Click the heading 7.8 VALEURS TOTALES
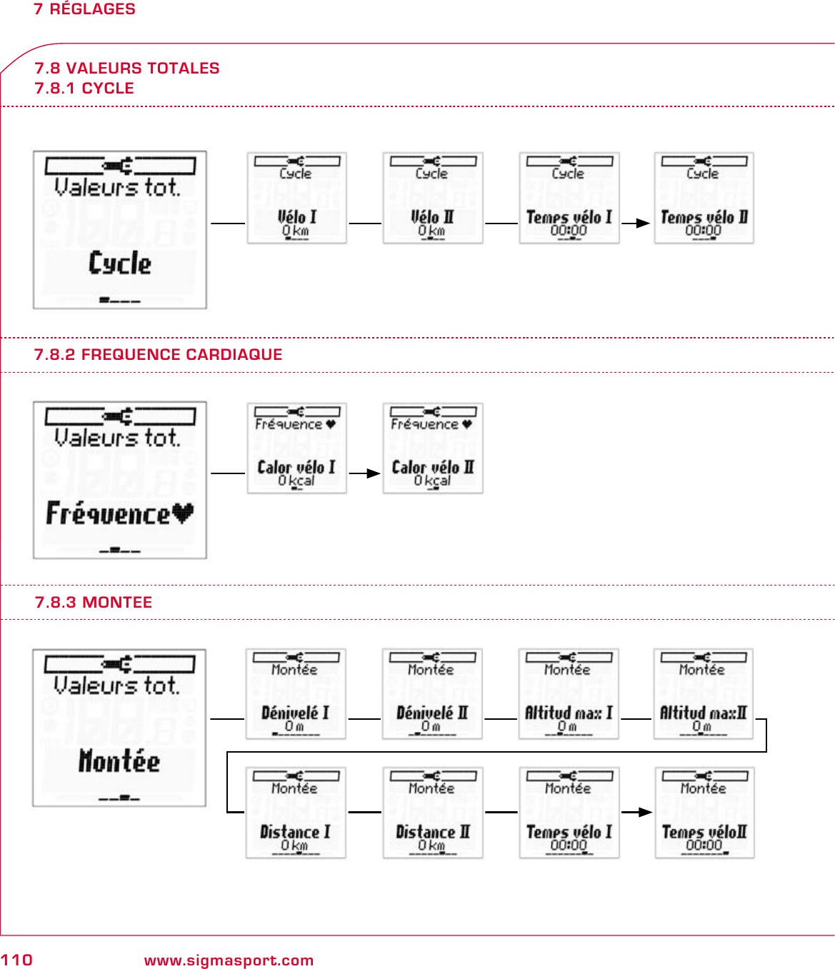[127, 69]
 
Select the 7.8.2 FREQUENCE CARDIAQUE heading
[158, 355]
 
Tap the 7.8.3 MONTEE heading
[94, 603]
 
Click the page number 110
[16, 960]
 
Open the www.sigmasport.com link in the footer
[229, 960]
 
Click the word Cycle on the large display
[120, 263]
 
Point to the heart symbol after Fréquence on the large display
[183, 513]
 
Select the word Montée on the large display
[119, 761]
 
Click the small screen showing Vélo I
[296, 198]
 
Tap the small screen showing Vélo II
[432, 198]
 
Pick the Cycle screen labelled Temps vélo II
[704, 198]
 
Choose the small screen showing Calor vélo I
[296, 448]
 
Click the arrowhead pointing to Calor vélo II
[374, 473]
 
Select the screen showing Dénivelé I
[296, 694]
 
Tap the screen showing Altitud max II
[703, 694]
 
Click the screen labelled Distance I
[296, 813]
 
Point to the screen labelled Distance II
[432, 813]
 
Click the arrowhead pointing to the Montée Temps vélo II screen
[645, 812]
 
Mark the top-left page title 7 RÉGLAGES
[84, 9]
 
